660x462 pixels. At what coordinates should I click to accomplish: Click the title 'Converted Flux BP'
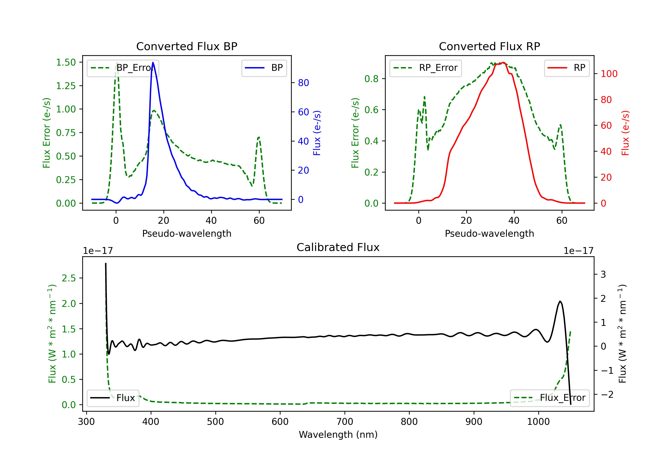click(187, 46)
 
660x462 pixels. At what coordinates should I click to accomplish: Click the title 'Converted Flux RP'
click(489, 46)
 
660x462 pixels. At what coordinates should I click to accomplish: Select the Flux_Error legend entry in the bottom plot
click(549, 398)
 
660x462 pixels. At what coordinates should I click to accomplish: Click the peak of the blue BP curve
click(153, 62)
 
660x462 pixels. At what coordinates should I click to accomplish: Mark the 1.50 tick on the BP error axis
click(66, 62)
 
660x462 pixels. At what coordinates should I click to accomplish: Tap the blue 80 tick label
click(303, 83)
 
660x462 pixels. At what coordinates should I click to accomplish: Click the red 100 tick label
click(609, 74)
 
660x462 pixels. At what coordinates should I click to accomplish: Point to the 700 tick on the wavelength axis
click(345, 422)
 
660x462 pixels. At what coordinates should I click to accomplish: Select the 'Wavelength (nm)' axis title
click(338, 434)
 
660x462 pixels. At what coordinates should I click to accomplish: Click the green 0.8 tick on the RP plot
click(371, 79)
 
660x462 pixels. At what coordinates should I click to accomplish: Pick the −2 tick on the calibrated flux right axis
click(607, 394)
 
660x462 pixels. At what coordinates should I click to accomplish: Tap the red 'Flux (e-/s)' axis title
click(625, 133)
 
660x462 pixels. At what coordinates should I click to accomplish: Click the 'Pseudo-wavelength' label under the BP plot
click(187, 233)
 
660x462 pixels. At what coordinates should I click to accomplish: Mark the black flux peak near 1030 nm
click(560, 301)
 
